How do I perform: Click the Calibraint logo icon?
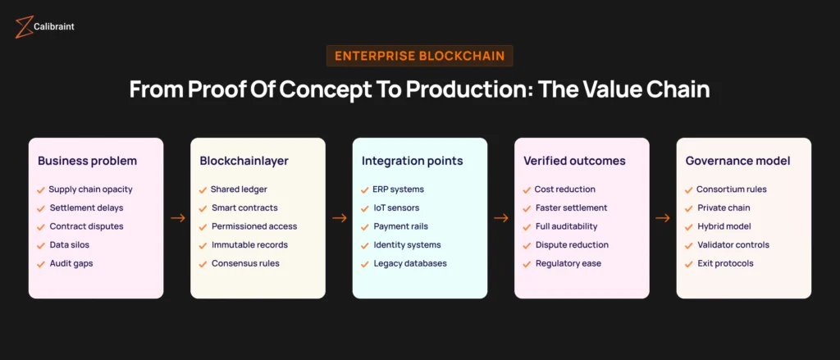click(x=23, y=26)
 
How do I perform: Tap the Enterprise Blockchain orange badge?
click(x=419, y=56)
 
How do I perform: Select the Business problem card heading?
click(x=88, y=161)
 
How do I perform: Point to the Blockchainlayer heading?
click(x=244, y=161)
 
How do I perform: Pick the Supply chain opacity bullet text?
click(x=90, y=189)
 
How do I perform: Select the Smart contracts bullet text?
click(x=244, y=208)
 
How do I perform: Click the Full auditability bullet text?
click(x=566, y=226)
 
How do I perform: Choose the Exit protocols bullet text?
click(x=725, y=263)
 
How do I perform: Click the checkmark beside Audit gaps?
click(x=41, y=263)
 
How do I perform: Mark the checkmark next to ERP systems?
click(x=364, y=189)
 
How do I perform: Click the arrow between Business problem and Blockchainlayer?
click(x=177, y=218)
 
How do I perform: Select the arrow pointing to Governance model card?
click(x=663, y=218)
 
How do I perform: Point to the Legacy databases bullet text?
click(x=410, y=263)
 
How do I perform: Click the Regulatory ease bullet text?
click(x=568, y=263)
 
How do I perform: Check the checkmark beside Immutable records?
click(x=203, y=245)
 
